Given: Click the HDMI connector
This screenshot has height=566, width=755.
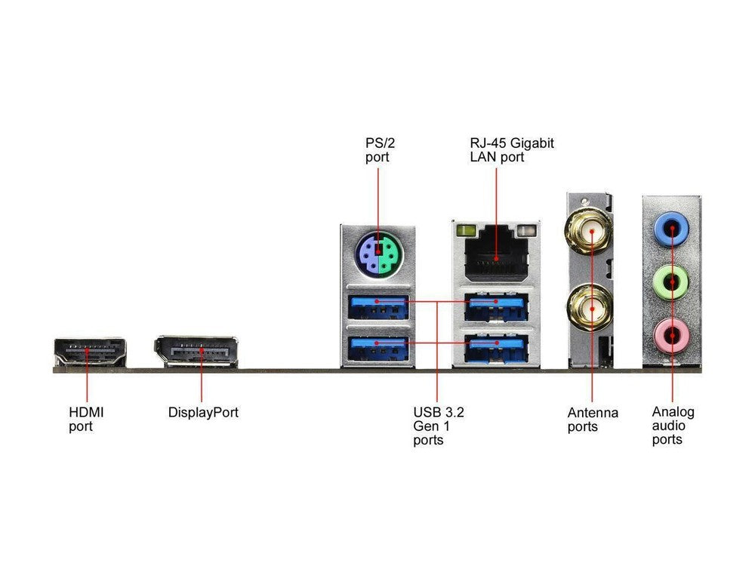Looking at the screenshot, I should pyautogui.click(x=90, y=352).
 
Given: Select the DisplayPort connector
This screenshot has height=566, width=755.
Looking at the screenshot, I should pyautogui.click(x=196, y=352).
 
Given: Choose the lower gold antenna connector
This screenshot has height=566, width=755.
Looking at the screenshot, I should pyautogui.click(x=591, y=307).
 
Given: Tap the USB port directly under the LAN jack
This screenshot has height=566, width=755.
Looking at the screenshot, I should pyautogui.click(x=496, y=306).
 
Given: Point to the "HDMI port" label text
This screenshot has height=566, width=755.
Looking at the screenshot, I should pyautogui.click(x=86, y=420).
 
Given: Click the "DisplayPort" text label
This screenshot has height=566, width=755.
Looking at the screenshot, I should pyautogui.click(x=203, y=413).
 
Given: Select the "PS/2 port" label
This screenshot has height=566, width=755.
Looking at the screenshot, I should pyautogui.click(x=376, y=150).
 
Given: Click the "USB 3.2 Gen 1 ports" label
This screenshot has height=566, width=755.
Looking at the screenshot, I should pyautogui.click(x=439, y=426).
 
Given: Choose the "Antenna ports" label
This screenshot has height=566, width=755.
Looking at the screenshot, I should pyautogui.click(x=593, y=420).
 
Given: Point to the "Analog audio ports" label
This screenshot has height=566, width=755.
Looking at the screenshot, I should pyautogui.click(x=673, y=426).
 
